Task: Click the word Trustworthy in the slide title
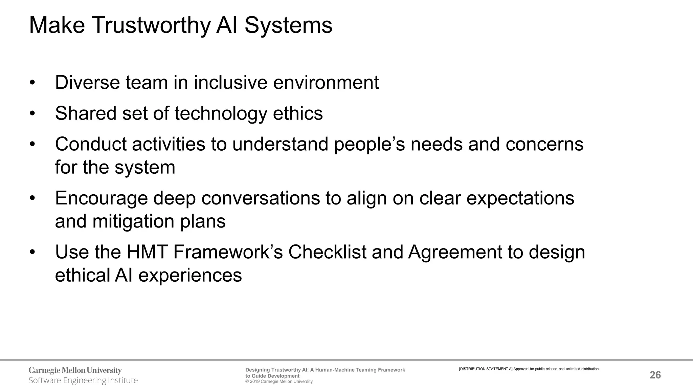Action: point(151,26)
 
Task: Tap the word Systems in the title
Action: point(288,26)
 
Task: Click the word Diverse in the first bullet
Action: point(87,83)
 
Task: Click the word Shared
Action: point(86,113)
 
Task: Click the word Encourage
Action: point(101,198)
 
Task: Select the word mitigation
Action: point(133,221)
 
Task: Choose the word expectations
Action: point(520,198)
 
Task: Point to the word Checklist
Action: point(327,252)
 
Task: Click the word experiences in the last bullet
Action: point(190,275)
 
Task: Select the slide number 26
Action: point(655,375)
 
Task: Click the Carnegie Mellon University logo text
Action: point(75,370)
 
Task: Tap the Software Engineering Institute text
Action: point(83,381)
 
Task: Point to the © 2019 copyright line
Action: point(279,382)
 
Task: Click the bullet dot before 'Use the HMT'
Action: point(32,253)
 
